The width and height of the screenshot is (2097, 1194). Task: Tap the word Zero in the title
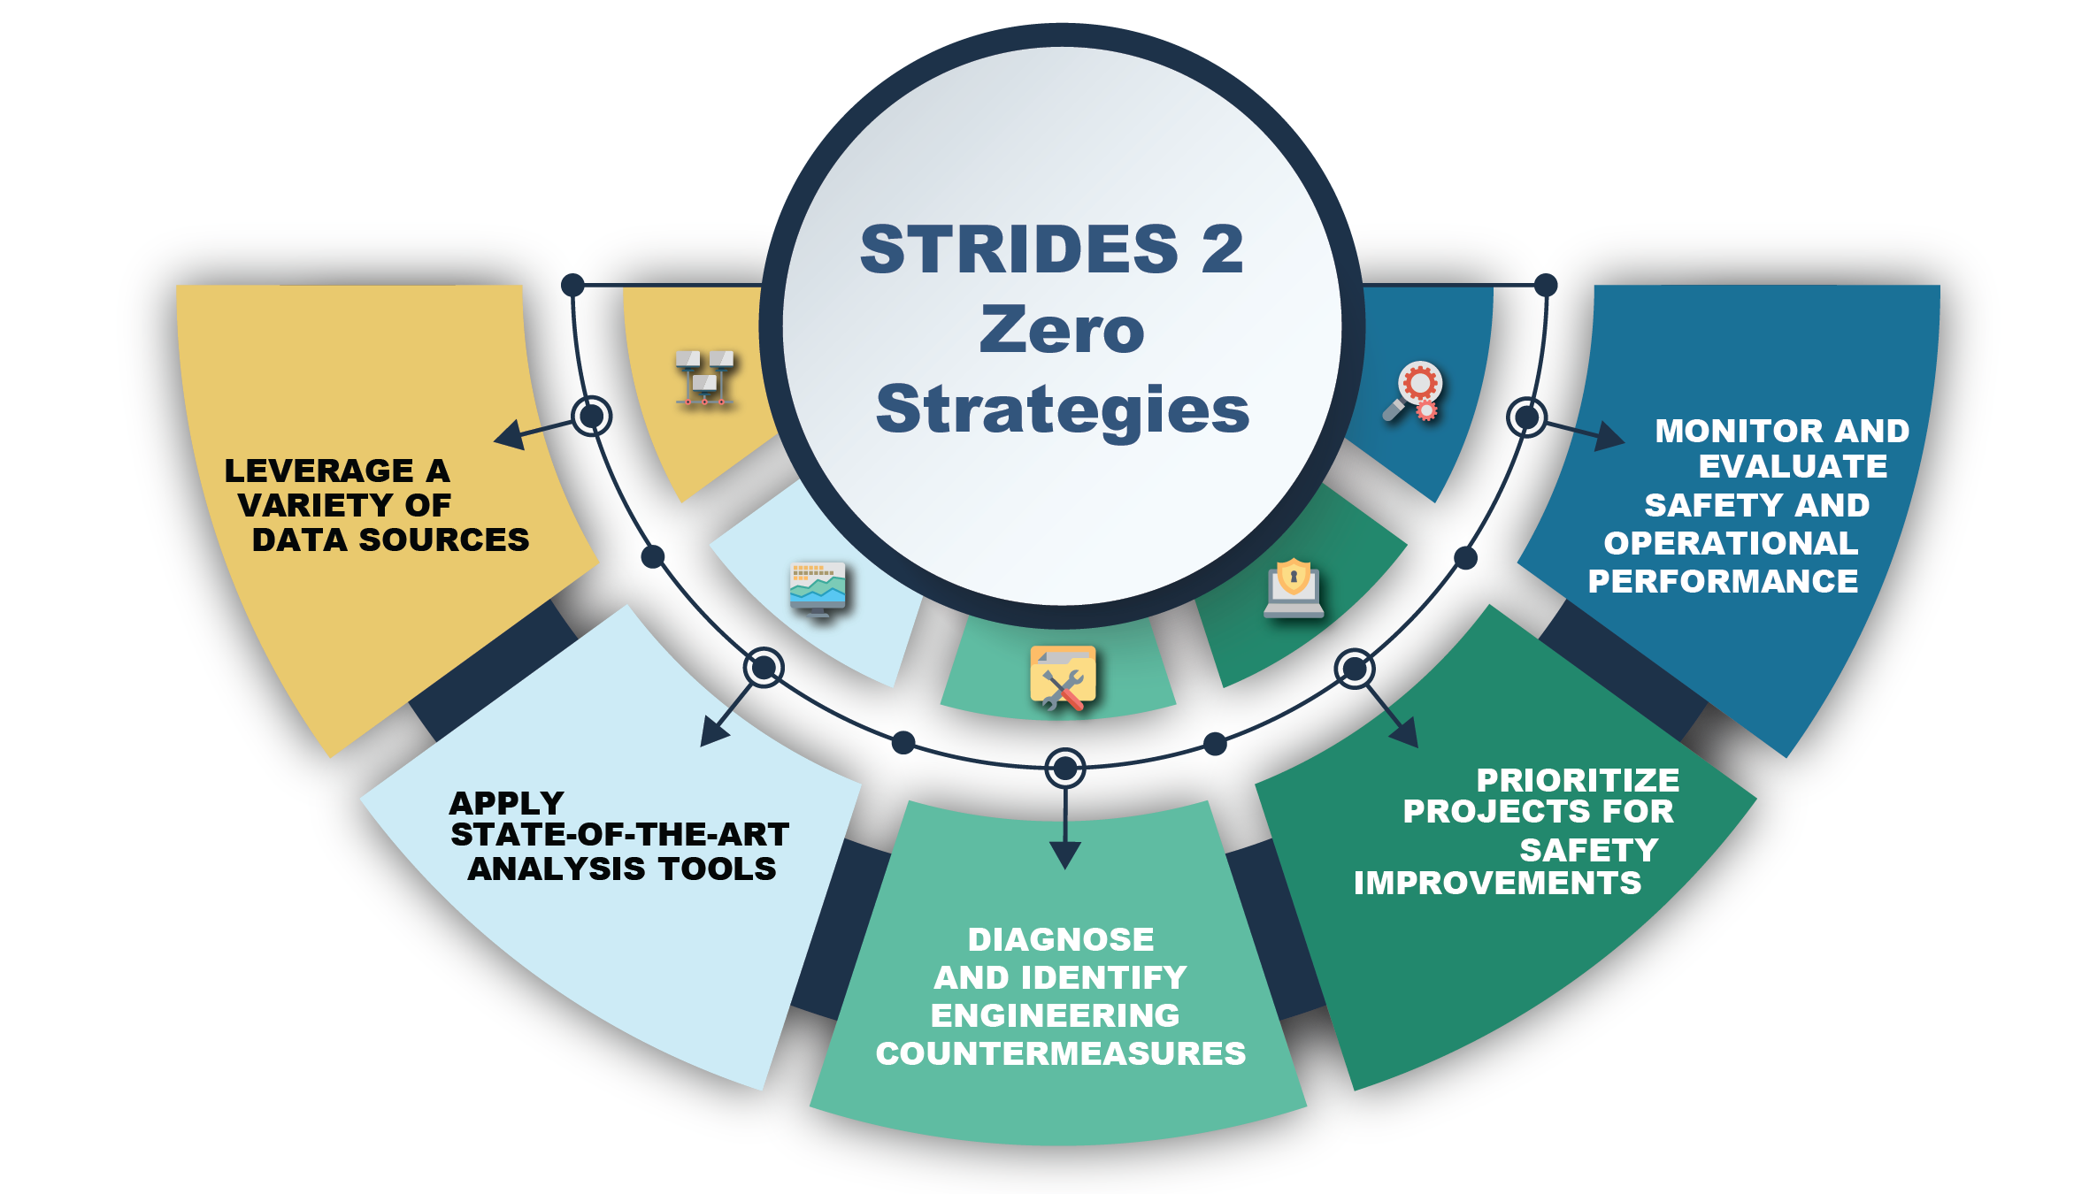[x=1062, y=329]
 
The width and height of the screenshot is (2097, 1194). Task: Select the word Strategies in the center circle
[x=1062, y=410]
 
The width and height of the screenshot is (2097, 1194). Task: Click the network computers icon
[x=705, y=378]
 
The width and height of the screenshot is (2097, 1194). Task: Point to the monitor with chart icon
[x=818, y=589]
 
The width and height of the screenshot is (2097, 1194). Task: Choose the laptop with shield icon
[x=1294, y=587]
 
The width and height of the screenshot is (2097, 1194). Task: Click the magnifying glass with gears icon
[x=1415, y=392]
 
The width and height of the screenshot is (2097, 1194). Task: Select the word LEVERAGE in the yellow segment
[x=319, y=471]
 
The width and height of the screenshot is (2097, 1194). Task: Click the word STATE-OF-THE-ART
[x=619, y=834]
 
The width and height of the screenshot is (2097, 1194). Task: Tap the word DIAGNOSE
[x=1061, y=939]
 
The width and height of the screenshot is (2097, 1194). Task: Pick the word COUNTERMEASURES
[x=1061, y=1053]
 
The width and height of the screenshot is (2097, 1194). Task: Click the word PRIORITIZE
[x=1578, y=780]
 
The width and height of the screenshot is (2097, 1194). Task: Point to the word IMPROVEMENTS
[x=1497, y=883]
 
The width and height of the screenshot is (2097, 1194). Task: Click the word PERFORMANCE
[x=1723, y=581]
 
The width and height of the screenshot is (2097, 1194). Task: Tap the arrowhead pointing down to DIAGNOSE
[x=1065, y=854]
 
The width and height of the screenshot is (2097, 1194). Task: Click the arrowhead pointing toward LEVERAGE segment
[x=510, y=434]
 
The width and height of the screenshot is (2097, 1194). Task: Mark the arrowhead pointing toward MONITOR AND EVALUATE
[x=1609, y=436]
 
